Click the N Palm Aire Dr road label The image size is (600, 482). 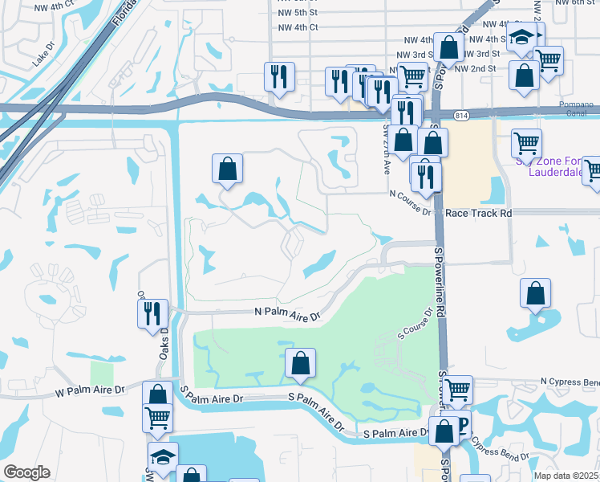286,312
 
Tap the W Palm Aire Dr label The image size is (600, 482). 91,390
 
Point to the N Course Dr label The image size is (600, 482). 411,194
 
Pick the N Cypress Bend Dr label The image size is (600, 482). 570,381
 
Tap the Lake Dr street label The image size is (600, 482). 41,59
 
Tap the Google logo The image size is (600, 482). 26,472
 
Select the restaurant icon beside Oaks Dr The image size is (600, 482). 152,312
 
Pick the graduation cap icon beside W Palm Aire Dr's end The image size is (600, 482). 163,455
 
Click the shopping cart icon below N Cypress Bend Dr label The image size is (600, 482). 456,390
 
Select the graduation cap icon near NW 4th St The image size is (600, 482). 521,37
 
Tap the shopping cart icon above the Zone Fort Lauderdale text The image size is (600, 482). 527,142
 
